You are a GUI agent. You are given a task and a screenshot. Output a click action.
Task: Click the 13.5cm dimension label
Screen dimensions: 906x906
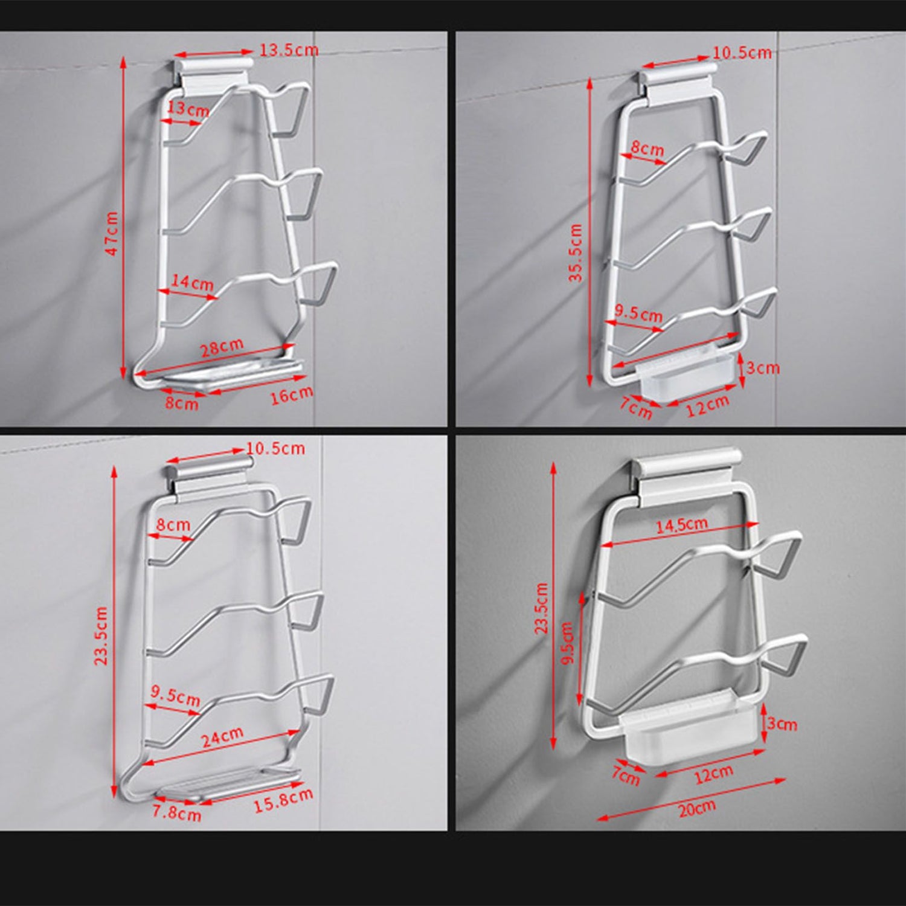coord(289,50)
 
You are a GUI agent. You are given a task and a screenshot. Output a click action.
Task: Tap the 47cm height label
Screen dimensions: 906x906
coord(113,233)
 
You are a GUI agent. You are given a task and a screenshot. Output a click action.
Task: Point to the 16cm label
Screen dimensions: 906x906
coord(292,395)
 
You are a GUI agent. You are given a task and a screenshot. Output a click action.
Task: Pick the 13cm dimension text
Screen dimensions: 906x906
coord(188,109)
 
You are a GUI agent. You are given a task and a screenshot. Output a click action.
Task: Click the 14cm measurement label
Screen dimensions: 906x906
coord(192,281)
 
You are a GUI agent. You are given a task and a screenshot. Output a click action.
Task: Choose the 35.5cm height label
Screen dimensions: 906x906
coord(576,252)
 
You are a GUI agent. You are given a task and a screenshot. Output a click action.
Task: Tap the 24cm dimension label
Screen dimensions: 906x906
coord(222,737)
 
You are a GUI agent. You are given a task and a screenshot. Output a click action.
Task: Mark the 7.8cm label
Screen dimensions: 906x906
coord(176,812)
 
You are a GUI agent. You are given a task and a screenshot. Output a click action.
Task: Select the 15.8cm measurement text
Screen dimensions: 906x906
coord(283,800)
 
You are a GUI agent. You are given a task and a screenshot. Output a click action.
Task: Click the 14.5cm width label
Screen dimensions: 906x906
coord(682,525)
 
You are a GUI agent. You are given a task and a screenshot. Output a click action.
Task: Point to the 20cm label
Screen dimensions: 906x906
coord(696,808)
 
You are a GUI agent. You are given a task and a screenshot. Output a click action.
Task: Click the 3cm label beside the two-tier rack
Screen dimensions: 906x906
coord(782,723)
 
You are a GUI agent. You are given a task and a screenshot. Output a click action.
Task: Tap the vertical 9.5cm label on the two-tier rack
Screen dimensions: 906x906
coord(567,644)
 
